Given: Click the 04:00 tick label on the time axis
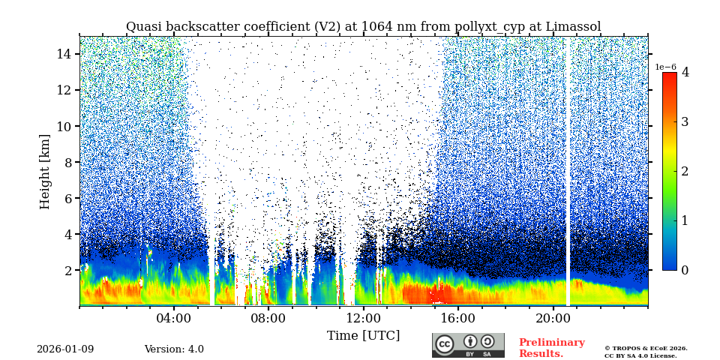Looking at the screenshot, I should click(174, 317).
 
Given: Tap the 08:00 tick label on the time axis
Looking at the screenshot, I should click(268, 317).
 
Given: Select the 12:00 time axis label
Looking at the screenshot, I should click(363, 317).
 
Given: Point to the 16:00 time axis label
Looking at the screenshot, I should click(457, 317).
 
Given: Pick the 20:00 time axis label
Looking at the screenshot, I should click(552, 317).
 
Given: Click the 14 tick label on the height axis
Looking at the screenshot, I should click(63, 54).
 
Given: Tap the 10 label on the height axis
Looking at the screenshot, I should click(63, 126).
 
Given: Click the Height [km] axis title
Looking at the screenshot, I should click(45, 171).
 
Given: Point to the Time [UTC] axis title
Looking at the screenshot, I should click(363, 335).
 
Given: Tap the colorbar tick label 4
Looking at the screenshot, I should click(685, 73).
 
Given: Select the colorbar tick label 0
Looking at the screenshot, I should click(685, 270).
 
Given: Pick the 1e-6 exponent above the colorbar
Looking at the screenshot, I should click(666, 67).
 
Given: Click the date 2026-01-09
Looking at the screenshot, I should click(65, 349).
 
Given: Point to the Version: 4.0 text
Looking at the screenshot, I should click(174, 349).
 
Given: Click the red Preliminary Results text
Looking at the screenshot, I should click(551, 348).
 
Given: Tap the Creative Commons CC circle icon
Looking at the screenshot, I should click(445, 343).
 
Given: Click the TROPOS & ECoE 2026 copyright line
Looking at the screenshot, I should click(646, 348).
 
